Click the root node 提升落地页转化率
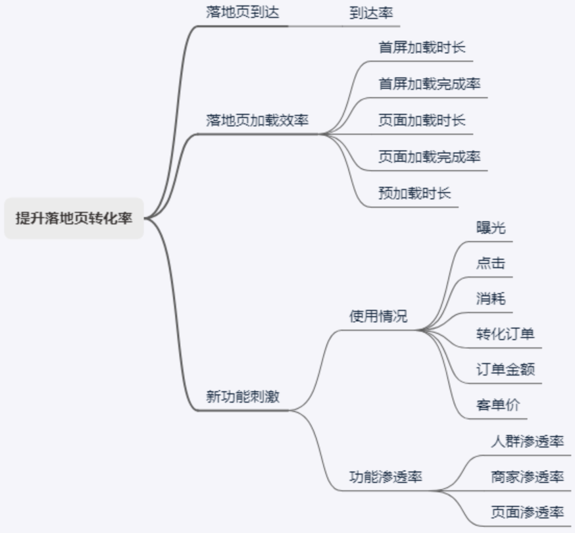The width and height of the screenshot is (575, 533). [74, 218]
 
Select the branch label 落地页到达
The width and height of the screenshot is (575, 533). [242, 13]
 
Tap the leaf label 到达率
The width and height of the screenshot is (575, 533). [371, 13]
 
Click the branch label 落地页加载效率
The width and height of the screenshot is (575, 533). [257, 120]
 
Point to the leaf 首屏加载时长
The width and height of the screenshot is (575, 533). [422, 47]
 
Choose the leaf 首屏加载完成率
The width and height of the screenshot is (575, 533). [430, 84]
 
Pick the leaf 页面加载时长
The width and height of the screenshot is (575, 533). [422, 120]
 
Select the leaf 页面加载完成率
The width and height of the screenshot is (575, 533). [430, 157]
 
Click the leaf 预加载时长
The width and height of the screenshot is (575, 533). [415, 193]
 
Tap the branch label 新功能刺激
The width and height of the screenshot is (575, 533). [242, 397]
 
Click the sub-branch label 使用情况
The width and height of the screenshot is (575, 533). [378, 316]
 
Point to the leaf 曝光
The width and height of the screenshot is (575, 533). [490, 228]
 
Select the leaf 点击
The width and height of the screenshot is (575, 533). [490, 264]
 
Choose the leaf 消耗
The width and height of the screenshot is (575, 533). [490, 299]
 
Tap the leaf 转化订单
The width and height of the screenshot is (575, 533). [505, 334]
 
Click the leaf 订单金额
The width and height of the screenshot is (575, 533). [505, 370]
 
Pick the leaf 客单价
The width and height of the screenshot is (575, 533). [498, 405]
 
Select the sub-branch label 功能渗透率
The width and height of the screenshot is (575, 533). [385, 477]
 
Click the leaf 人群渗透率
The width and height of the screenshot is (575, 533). [527, 441]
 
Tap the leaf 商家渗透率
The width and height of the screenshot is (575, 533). [527, 477]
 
